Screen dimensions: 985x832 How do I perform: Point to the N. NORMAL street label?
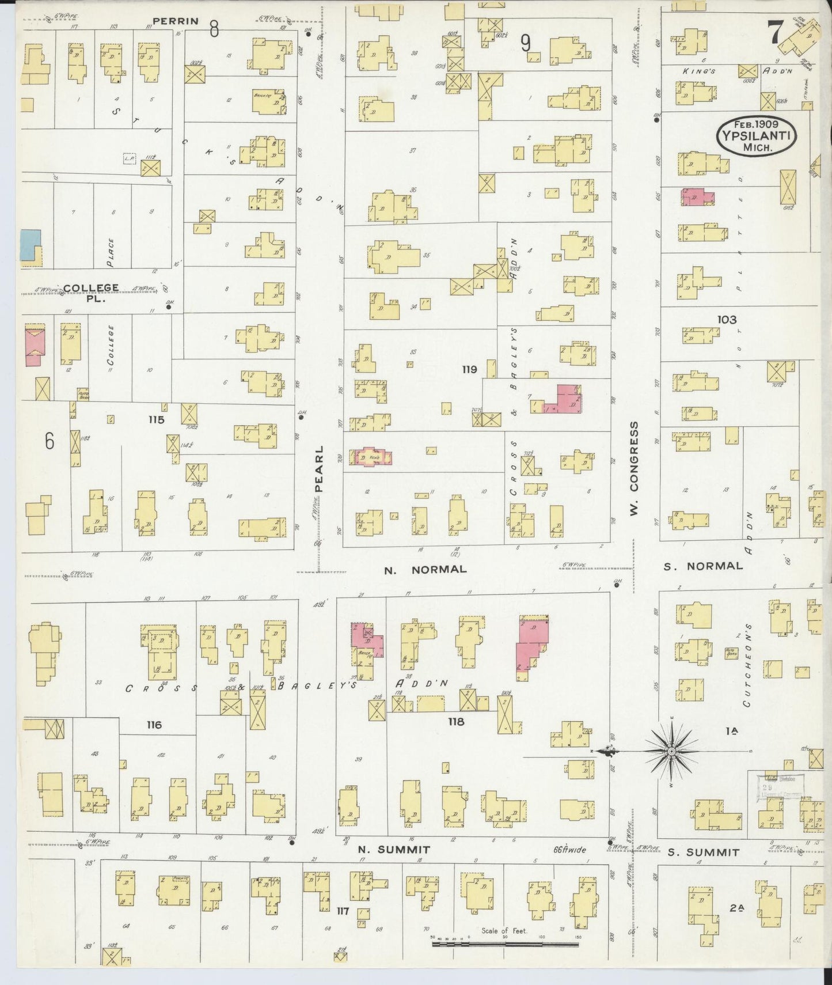click(x=425, y=570)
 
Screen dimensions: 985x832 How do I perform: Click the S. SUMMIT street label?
click(x=703, y=852)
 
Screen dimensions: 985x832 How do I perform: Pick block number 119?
click(x=469, y=369)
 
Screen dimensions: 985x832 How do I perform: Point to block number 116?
click(x=154, y=725)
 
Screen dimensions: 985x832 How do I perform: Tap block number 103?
click(x=727, y=319)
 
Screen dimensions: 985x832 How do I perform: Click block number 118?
click(x=455, y=721)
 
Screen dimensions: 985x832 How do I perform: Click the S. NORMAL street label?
click(x=703, y=566)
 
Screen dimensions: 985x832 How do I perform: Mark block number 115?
click(x=155, y=419)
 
